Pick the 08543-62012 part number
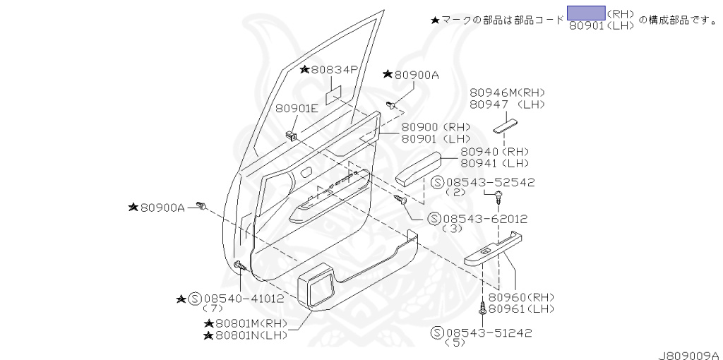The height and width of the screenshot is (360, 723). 484,219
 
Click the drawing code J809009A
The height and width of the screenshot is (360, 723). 688,354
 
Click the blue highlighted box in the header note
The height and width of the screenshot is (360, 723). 585,12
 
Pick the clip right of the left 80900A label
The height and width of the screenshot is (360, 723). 203,206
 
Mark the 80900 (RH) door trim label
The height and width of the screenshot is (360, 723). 429,126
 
